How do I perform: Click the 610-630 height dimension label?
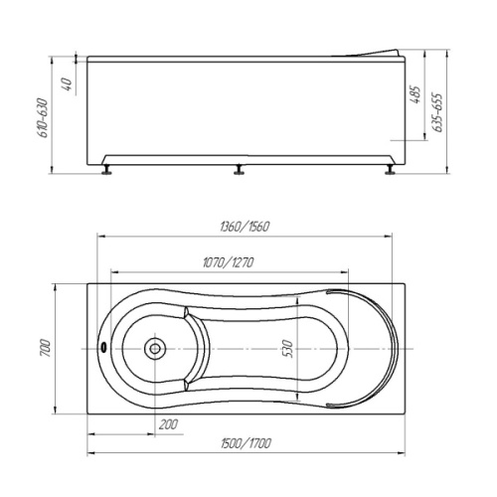tap(44, 117)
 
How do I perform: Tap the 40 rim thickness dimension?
tap(67, 84)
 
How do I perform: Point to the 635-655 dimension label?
tap(438, 112)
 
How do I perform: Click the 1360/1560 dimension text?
tap(245, 227)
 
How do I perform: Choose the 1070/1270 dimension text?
tap(229, 262)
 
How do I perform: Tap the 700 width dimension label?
tap(45, 348)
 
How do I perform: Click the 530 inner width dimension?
tap(288, 349)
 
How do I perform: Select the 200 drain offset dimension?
tap(168, 424)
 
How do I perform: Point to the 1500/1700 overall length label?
tap(246, 443)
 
